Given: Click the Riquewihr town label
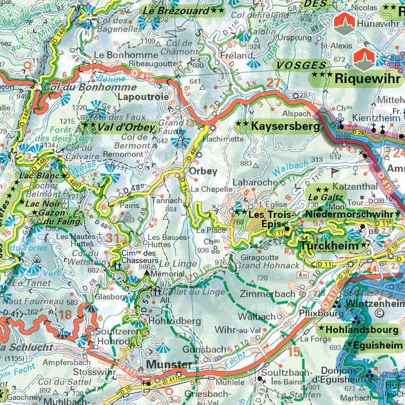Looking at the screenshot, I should point(365,78).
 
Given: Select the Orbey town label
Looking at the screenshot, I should point(202,171).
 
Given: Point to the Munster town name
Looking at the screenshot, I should point(169,364).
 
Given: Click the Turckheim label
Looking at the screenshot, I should point(329,246).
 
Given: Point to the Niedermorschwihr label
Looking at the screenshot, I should point(349,214).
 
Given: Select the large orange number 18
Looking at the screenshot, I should point(66,314).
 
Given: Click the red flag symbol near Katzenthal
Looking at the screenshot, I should point(336,170).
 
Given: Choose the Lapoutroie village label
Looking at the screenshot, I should point(143,97).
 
